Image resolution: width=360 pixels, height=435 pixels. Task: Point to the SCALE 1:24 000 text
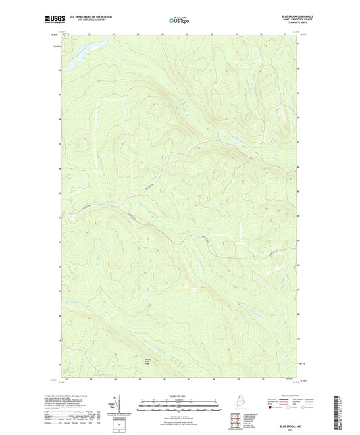click(x=178, y=396)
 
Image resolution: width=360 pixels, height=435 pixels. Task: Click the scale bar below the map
click(x=178, y=406)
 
